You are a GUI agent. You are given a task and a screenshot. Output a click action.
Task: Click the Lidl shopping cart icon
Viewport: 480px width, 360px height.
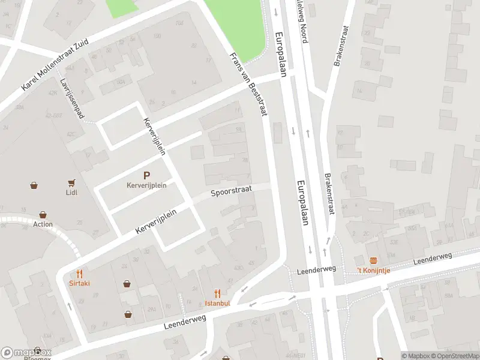pos(73,182)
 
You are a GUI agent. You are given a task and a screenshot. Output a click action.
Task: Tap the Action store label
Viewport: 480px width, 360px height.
pos(43,224)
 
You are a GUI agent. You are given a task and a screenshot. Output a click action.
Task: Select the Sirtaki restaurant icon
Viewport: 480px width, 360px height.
pos(79,274)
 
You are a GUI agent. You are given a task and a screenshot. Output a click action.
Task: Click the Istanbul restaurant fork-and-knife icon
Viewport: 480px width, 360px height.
pos(218,293)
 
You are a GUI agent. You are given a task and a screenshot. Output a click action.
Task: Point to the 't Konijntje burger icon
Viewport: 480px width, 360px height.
pos(373,260)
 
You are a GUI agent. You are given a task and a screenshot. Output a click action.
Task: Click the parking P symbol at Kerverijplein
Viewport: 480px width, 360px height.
pos(146,175)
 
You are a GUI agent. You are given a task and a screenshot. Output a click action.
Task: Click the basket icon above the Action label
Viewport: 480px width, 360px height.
pos(43,214)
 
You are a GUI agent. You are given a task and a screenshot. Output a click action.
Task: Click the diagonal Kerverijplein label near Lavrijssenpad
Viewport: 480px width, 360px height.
pos(154,136)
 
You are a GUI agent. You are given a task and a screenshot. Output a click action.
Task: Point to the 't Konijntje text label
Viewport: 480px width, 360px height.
pos(373,270)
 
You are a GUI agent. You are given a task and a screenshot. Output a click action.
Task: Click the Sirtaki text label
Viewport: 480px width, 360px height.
pos(79,283)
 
